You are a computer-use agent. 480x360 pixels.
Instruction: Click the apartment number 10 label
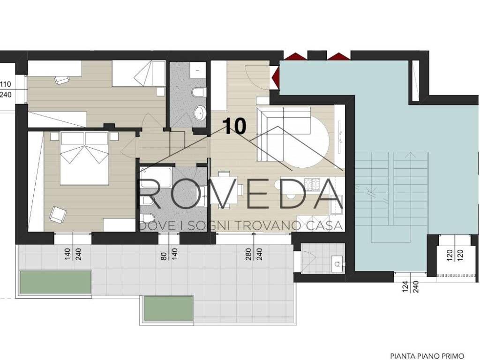click(x=234, y=126)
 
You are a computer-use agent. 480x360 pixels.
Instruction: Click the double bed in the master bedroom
click(x=84, y=158)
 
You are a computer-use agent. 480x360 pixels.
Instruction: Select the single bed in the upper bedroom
click(x=139, y=73)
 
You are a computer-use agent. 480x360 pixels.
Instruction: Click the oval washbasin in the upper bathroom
click(x=200, y=112)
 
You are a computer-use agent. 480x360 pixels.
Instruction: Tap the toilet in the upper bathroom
click(x=198, y=92)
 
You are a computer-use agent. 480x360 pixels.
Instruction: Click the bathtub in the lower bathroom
click(x=156, y=178)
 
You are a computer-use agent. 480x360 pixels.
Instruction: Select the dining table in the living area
click(x=227, y=191)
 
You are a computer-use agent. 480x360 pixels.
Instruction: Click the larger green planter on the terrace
click(x=55, y=282)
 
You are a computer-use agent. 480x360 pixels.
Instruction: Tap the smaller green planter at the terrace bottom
click(x=169, y=308)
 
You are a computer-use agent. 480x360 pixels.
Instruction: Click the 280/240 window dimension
click(x=254, y=254)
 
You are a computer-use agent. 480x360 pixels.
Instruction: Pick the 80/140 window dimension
click(x=169, y=254)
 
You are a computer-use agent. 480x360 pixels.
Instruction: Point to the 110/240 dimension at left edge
click(x=6, y=89)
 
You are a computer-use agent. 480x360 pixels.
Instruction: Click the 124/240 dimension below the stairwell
click(x=411, y=285)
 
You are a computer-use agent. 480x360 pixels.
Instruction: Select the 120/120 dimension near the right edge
click(x=455, y=255)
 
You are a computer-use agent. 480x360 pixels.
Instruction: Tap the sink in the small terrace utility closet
click(x=337, y=263)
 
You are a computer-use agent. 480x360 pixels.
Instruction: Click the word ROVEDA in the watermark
click(x=240, y=194)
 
